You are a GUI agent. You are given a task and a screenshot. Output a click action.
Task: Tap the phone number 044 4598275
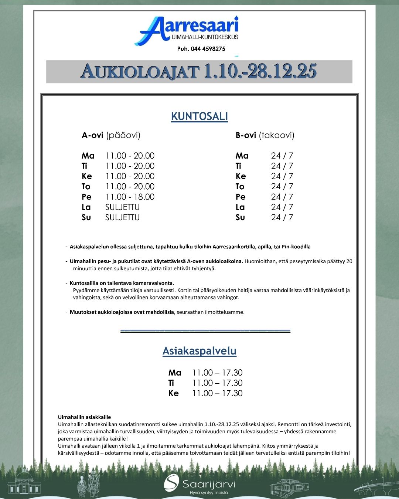(201, 49)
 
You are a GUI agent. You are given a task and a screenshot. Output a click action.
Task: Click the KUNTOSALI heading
(199, 116)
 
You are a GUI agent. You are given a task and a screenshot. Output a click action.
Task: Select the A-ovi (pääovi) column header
(111, 135)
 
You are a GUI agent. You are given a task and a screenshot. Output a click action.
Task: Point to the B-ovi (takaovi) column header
(265, 135)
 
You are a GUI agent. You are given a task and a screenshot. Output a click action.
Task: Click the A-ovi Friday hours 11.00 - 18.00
(130, 197)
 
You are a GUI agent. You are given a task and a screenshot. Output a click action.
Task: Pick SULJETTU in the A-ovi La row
(122, 207)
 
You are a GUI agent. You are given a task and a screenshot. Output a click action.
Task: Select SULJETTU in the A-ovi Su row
(122, 218)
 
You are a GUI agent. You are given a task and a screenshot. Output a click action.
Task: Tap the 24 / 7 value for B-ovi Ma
(282, 156)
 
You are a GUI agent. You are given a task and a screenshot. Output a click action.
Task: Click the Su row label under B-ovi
(240, 218)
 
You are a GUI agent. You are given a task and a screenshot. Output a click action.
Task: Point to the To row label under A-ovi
(86, 187)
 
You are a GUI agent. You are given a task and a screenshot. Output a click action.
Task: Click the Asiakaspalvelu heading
(199, 351)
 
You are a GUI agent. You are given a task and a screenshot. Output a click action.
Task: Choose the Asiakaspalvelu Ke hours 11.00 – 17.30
(217, 393)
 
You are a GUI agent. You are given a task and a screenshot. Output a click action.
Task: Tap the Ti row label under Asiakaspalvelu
(171, 383)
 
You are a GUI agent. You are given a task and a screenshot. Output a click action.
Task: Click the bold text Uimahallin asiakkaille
(84, 417)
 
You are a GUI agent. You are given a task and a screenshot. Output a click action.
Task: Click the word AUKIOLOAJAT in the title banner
(140, 71)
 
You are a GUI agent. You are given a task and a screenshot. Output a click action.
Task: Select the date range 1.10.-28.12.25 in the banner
(260, 71)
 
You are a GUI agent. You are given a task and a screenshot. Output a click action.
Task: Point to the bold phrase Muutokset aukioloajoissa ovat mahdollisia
(122, 312)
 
